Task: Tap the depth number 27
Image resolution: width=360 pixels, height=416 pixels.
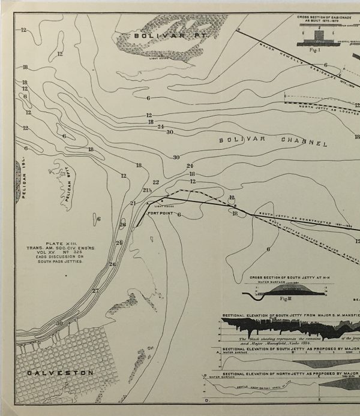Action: tap(95, 291)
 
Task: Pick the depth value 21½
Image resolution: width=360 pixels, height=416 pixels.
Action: tap(147, 190)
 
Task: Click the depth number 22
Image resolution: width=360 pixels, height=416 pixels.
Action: tap(156, 182)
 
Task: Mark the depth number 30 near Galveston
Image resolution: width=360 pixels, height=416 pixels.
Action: tap(58, 323)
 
